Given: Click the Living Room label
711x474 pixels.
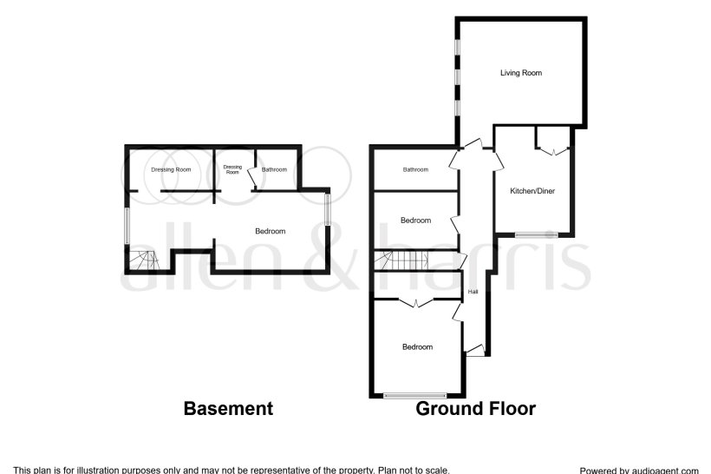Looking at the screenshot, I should click(x=520, y=73).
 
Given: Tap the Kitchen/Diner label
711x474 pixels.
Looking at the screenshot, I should click(x=532, y=190).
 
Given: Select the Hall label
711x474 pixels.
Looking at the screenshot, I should click(x=473, y=292).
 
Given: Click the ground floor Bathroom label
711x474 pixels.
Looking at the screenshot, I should click(x=415, y=169).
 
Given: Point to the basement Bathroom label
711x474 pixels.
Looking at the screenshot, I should click(x=274, y=169).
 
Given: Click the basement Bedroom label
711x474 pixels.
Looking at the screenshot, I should click(x=270, y=231).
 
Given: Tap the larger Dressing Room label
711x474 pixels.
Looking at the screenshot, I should click(x=171, y=169).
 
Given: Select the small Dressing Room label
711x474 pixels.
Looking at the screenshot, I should click(x=232, y=169).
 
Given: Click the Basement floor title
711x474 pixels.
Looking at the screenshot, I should click(x=228, y=408).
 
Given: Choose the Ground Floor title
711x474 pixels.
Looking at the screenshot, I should click(x=475, y=408).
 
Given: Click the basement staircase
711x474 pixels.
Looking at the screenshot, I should click(x=142, y=259).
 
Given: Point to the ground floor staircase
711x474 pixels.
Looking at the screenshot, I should click(x=396, y=260).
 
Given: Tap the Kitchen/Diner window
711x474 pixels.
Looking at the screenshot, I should click(x=536, y=234).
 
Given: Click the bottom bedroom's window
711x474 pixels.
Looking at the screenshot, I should click(x=415, y=395).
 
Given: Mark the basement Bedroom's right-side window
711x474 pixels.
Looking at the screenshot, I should click(x=328, y=210).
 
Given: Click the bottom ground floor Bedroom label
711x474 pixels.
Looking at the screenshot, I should click(x=417, y=347).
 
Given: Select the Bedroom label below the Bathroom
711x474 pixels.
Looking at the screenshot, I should click(x=415, y=221).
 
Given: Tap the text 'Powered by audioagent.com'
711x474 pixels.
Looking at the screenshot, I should click(x=639, y=470).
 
